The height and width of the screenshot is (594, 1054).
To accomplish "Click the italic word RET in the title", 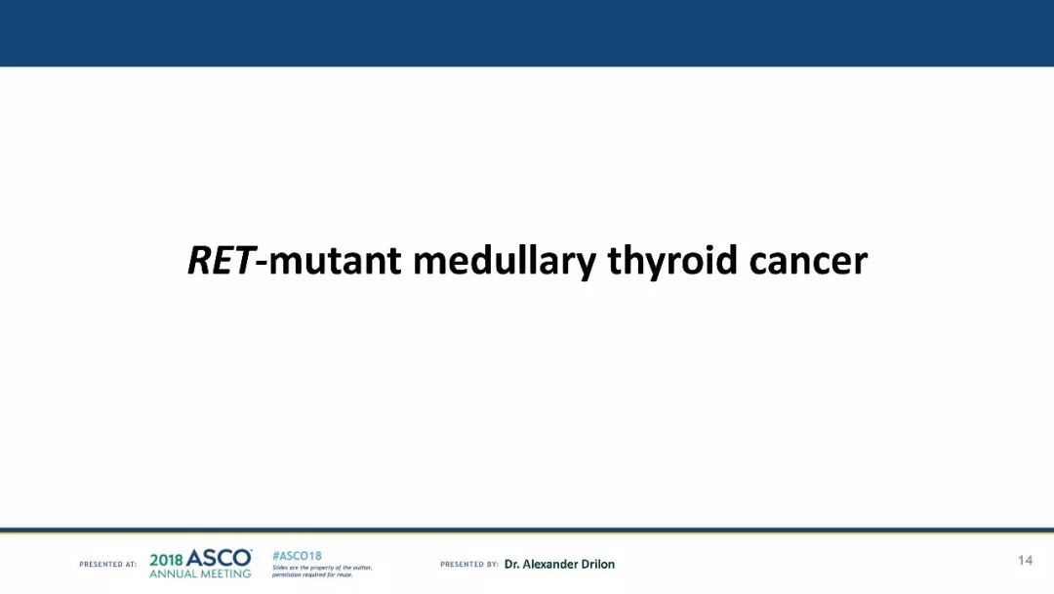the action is [221, 260].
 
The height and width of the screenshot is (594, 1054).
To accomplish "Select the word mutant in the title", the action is [335, 261].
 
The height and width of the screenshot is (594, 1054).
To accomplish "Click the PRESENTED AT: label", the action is [107, 565].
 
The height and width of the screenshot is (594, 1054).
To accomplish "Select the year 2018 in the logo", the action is [166, 561].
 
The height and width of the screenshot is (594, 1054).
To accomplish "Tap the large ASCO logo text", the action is [219, 559].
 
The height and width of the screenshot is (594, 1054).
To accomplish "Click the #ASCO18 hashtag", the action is [297, 556].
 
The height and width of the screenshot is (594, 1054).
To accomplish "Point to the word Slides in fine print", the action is [279, 568].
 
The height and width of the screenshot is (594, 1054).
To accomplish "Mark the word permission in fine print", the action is [285, 575].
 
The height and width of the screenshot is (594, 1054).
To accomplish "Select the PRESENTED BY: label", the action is [469, 565].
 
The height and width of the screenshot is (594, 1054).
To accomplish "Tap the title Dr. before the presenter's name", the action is [511, 565].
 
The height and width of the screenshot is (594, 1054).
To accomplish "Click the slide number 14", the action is [1025, 561].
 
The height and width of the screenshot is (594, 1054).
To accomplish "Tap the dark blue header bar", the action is [527, 33].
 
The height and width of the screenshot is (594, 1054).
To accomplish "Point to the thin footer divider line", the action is [527, 530].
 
